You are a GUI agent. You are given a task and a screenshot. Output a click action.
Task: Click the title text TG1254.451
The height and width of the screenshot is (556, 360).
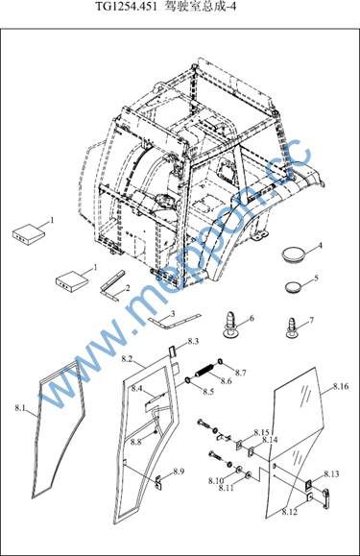(126, 7)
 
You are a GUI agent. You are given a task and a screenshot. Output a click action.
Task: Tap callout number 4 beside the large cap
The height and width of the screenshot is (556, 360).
(320, 246)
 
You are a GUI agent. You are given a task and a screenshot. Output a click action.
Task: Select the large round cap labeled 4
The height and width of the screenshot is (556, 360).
(294, 254)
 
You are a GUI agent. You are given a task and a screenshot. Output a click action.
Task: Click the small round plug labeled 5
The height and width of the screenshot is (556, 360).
(293, 286)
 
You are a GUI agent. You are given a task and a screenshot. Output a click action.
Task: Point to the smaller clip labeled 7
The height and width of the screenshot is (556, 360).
(292, 328)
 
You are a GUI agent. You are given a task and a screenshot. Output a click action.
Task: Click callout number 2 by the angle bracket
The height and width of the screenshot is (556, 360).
(127, 287)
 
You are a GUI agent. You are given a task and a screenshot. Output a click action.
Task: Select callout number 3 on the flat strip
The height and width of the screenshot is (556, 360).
(173, 313)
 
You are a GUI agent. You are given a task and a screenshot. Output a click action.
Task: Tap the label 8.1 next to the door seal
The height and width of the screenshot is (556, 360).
(20, 408)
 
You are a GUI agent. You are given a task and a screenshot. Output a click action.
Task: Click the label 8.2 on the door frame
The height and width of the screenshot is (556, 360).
(127, 359)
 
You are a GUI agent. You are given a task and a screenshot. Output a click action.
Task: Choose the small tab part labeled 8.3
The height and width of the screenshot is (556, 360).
(172, 352)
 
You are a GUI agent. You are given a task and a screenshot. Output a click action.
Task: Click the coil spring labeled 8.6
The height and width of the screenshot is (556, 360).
(204, 371)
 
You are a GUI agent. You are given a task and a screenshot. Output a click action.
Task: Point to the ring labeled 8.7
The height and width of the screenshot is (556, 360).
(220, 361)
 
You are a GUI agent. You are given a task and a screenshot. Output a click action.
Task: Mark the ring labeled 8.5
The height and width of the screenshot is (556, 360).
(187, 381)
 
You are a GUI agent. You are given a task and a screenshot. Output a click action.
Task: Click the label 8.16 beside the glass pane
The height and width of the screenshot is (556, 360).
(341, 386)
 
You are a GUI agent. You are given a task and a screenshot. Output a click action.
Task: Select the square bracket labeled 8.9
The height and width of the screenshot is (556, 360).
(159, 483)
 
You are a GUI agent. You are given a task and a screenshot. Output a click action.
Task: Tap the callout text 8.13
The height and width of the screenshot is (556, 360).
(331, 474)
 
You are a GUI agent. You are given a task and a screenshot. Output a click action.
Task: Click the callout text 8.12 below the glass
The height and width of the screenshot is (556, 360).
(290, 512)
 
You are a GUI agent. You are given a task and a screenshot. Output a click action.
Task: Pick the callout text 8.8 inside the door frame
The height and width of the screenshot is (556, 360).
(135, 442)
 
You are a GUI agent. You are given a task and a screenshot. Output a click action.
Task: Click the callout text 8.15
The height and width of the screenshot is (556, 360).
(261, 433)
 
